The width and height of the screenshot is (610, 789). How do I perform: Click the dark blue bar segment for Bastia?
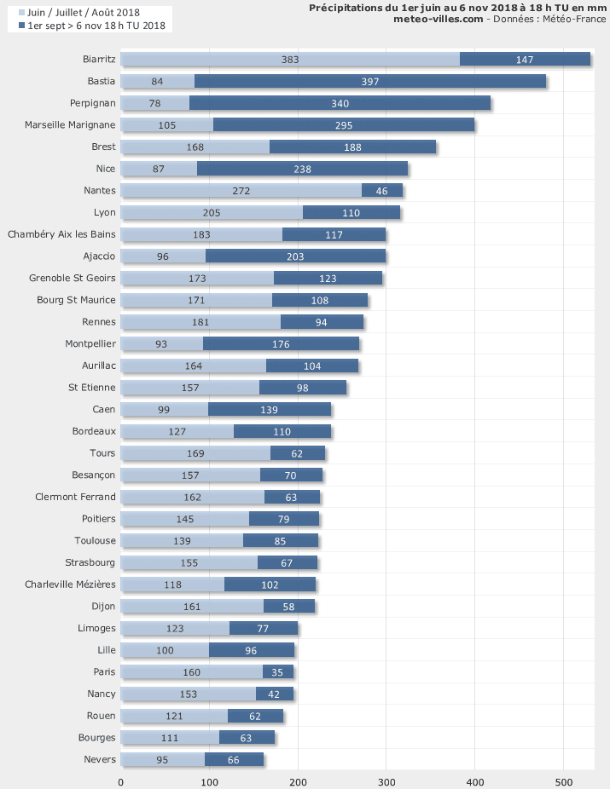(370, 81)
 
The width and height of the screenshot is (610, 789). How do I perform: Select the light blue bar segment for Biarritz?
(290, 59)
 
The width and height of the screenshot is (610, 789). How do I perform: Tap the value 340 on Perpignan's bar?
(340, 103)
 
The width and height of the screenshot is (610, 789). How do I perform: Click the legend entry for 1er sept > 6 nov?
(96, 26)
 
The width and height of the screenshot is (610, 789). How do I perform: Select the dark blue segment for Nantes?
(382, 190)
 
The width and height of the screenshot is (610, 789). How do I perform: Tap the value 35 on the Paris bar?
(278, 672)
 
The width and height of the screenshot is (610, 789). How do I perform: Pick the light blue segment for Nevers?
(162, 759)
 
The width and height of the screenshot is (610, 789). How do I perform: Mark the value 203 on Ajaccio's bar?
(296, 256)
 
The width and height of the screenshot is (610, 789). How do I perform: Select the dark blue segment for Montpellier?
(281, 344)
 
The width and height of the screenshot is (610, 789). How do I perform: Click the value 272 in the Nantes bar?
(241, 191)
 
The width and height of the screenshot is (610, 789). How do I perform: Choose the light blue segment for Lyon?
(212, 212)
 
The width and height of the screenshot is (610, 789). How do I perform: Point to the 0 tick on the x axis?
(120, 781)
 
